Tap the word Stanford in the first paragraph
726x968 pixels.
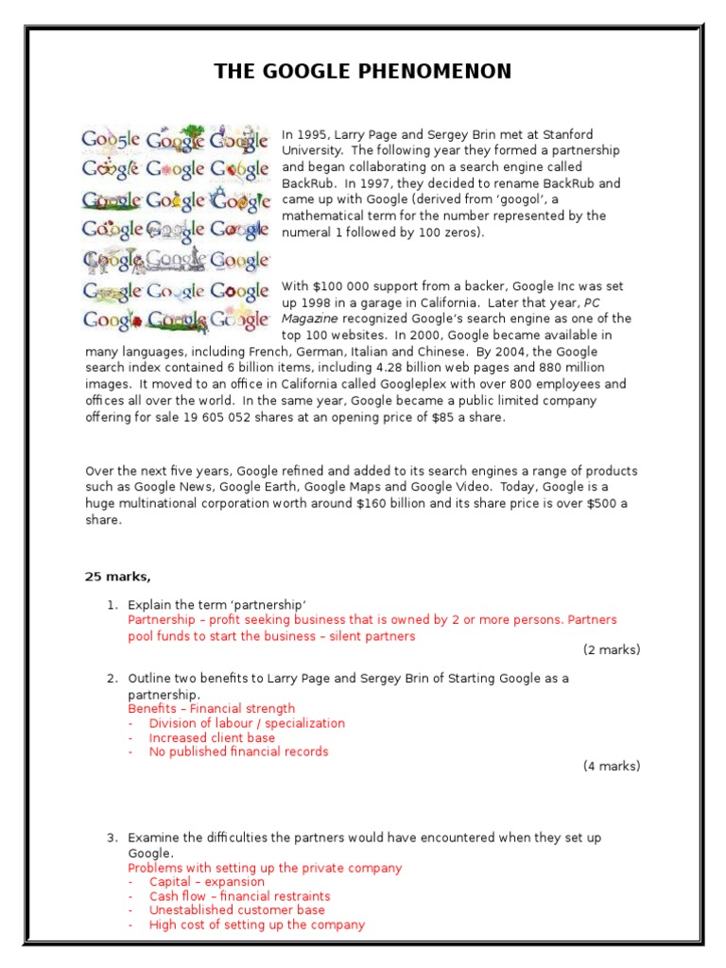(567, 135)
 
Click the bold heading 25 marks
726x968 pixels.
(117, 577)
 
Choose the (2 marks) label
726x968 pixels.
(611, 649)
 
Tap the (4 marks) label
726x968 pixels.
(611, 766)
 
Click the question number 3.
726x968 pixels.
(112, 838)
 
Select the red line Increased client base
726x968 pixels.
(212, 737)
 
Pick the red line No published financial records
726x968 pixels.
(238, 752)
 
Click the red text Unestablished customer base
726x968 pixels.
(236, 910)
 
